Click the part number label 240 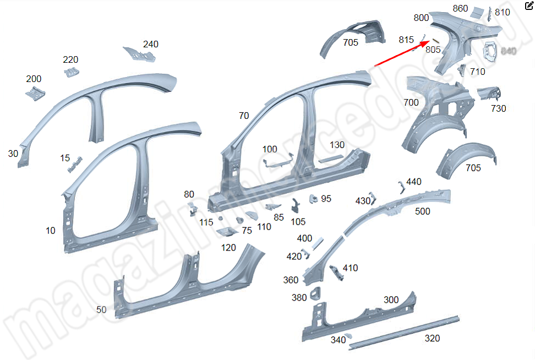pos(151,44)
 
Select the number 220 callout pos(70,59)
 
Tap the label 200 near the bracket pos(34,79)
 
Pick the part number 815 pos(406,40)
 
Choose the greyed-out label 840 pos(509,51)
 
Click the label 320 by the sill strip pos(432,338)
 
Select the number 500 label pos(423,211)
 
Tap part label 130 pos(337,145)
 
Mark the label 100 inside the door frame pos(270,149)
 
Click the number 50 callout pos(101,309)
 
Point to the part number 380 pos(299,298)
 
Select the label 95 pos(326,198)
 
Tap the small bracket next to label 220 pos(71,72)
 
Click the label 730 pos(498,108)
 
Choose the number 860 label pos(460,8)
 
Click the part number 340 pos(338,340)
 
